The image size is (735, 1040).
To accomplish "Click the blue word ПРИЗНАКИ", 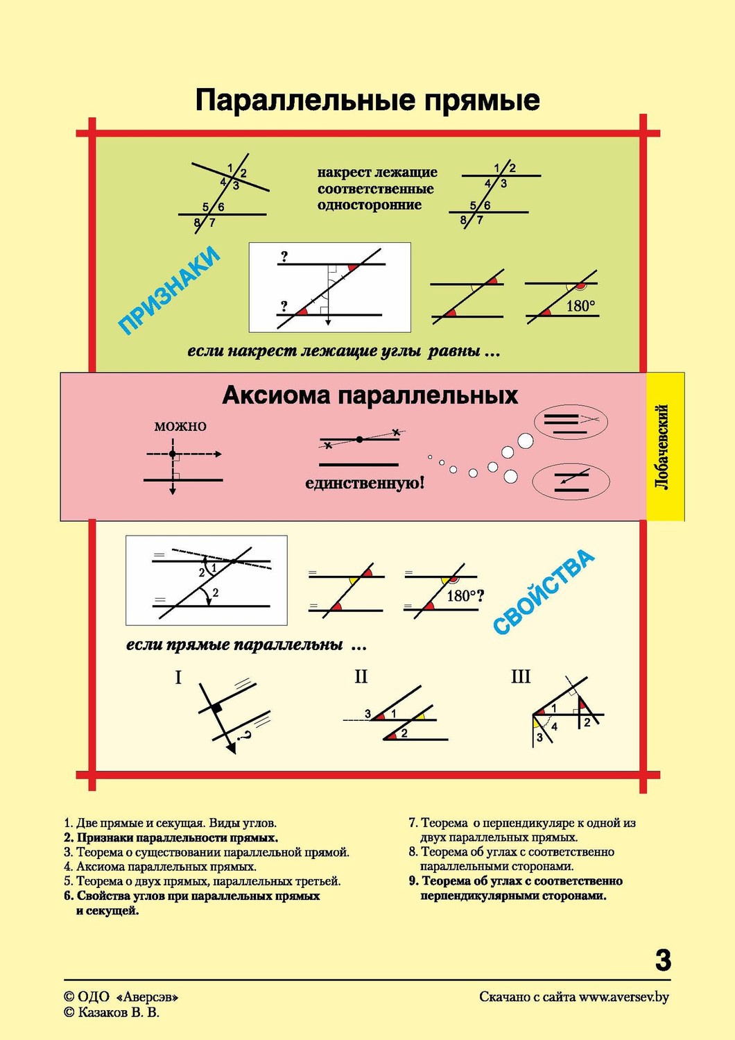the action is [169, 290].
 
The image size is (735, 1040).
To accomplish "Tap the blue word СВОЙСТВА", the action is [544, 592].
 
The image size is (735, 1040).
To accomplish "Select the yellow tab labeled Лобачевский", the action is [665, 447].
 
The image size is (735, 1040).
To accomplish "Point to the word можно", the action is [180, 426].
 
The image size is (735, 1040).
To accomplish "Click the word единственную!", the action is [364, 484].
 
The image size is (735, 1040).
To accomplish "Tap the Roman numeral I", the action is [178, 677].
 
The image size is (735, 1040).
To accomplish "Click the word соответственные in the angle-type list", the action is [375, 189].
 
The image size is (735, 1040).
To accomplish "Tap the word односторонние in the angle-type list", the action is [370, 205].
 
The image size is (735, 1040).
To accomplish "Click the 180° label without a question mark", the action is [580, 306].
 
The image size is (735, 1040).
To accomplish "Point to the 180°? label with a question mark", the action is [465, 596].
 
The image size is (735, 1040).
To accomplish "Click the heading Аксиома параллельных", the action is [370, 395].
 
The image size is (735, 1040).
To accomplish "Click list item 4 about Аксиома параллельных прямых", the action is [160, 867].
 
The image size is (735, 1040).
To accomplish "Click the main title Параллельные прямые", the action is [367, 101].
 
